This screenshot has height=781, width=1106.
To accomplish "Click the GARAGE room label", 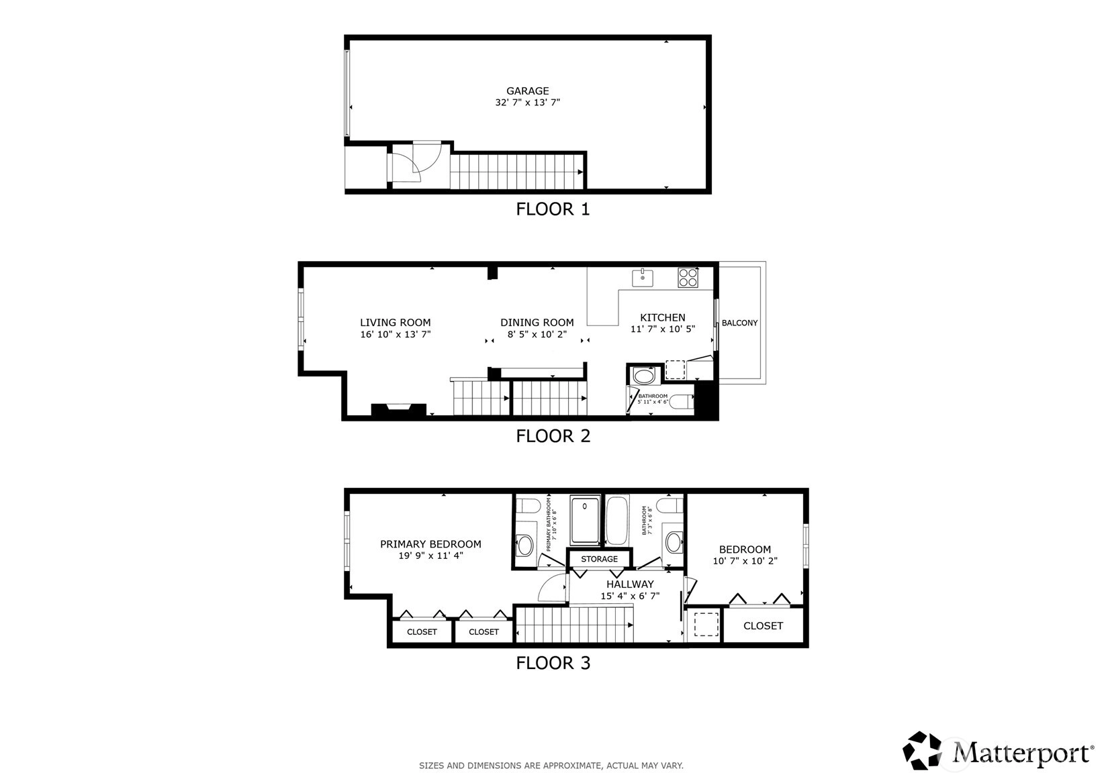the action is click(527, 91).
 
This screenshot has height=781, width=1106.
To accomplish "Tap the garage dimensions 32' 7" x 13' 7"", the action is click(527, 103).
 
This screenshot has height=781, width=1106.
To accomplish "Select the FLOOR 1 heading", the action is click(553, 209).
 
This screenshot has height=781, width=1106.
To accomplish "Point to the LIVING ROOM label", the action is click(395, 323).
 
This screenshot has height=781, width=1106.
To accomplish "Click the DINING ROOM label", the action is click(537, 323).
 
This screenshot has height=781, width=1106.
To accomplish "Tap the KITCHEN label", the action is click(663, 318).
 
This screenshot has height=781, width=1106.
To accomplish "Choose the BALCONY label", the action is click(739, 323).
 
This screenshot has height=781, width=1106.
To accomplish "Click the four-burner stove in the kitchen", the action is click(688, 277).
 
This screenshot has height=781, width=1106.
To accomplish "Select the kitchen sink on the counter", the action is click(643, 278).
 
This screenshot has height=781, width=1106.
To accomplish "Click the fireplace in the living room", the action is click(398, 411).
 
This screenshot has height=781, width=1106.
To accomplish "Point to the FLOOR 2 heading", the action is click(553, 436).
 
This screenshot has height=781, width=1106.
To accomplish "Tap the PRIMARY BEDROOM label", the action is click(430, 544).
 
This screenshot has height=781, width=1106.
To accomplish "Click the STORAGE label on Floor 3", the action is click(599, 559).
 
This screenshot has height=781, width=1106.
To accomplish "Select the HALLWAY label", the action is click(630, 584).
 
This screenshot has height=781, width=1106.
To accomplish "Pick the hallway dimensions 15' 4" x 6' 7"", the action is click(630, 596).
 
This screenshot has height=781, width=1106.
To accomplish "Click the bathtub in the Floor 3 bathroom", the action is click(617, 521).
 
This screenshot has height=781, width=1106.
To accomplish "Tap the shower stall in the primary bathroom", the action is click(585, 521).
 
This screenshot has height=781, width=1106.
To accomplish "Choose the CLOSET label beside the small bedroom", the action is click(763, 626).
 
